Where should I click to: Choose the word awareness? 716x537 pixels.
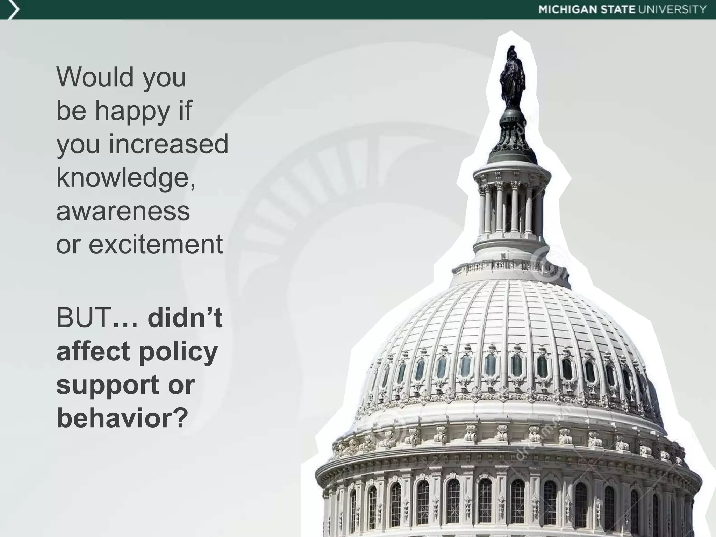pos(123,212)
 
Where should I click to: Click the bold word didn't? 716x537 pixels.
pos(185,318)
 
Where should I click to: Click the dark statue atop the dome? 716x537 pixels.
pos(513,77)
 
